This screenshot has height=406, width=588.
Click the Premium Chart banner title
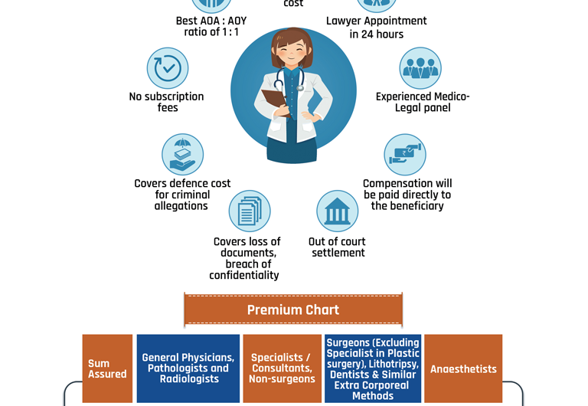click(x=292, y=310)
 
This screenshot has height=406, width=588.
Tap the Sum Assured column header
click(x=107, y=368)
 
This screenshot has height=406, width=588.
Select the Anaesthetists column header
click(x=463, y=368)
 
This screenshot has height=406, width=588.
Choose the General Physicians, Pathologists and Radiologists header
click(x=188, y=368)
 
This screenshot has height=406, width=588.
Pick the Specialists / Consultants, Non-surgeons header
click(x=282, y=368)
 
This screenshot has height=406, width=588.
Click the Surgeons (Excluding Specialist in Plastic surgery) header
click(x=373, y=368)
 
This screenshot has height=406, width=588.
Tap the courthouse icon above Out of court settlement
click(x=337, y=211)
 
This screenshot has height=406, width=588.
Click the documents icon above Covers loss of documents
click(x=250, y=211)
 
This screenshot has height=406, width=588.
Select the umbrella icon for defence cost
click(x=182, y=155)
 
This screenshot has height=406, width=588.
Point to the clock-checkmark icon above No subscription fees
click(x=168, y=68)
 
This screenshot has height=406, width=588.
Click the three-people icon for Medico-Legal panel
click(x=420, y=68)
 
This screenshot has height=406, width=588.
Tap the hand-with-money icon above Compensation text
click(x=405, y=155)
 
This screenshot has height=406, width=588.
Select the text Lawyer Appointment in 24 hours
click(x=376, y=28)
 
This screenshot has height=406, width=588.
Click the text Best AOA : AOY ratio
click(x=211, y=26)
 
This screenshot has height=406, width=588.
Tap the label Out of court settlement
click(x=338, y=247)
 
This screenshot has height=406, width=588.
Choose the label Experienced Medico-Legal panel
click(x=423, y=102)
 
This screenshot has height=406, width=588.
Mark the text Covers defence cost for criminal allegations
click(x=182, y=195)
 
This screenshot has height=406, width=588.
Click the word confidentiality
click(x=244, y=275)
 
